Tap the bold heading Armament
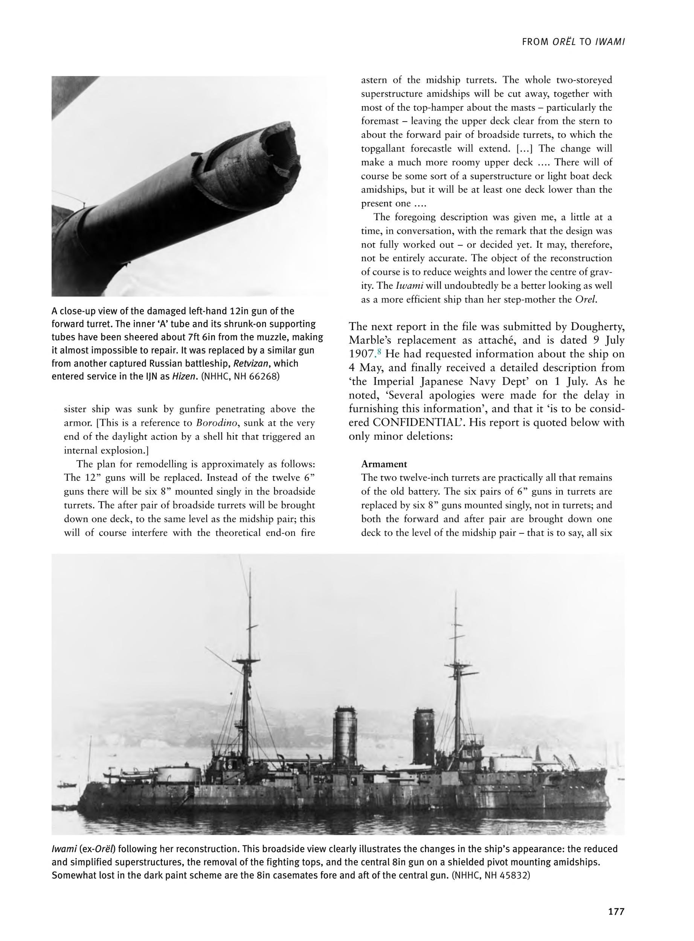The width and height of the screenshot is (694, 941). (x=384, y=464)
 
